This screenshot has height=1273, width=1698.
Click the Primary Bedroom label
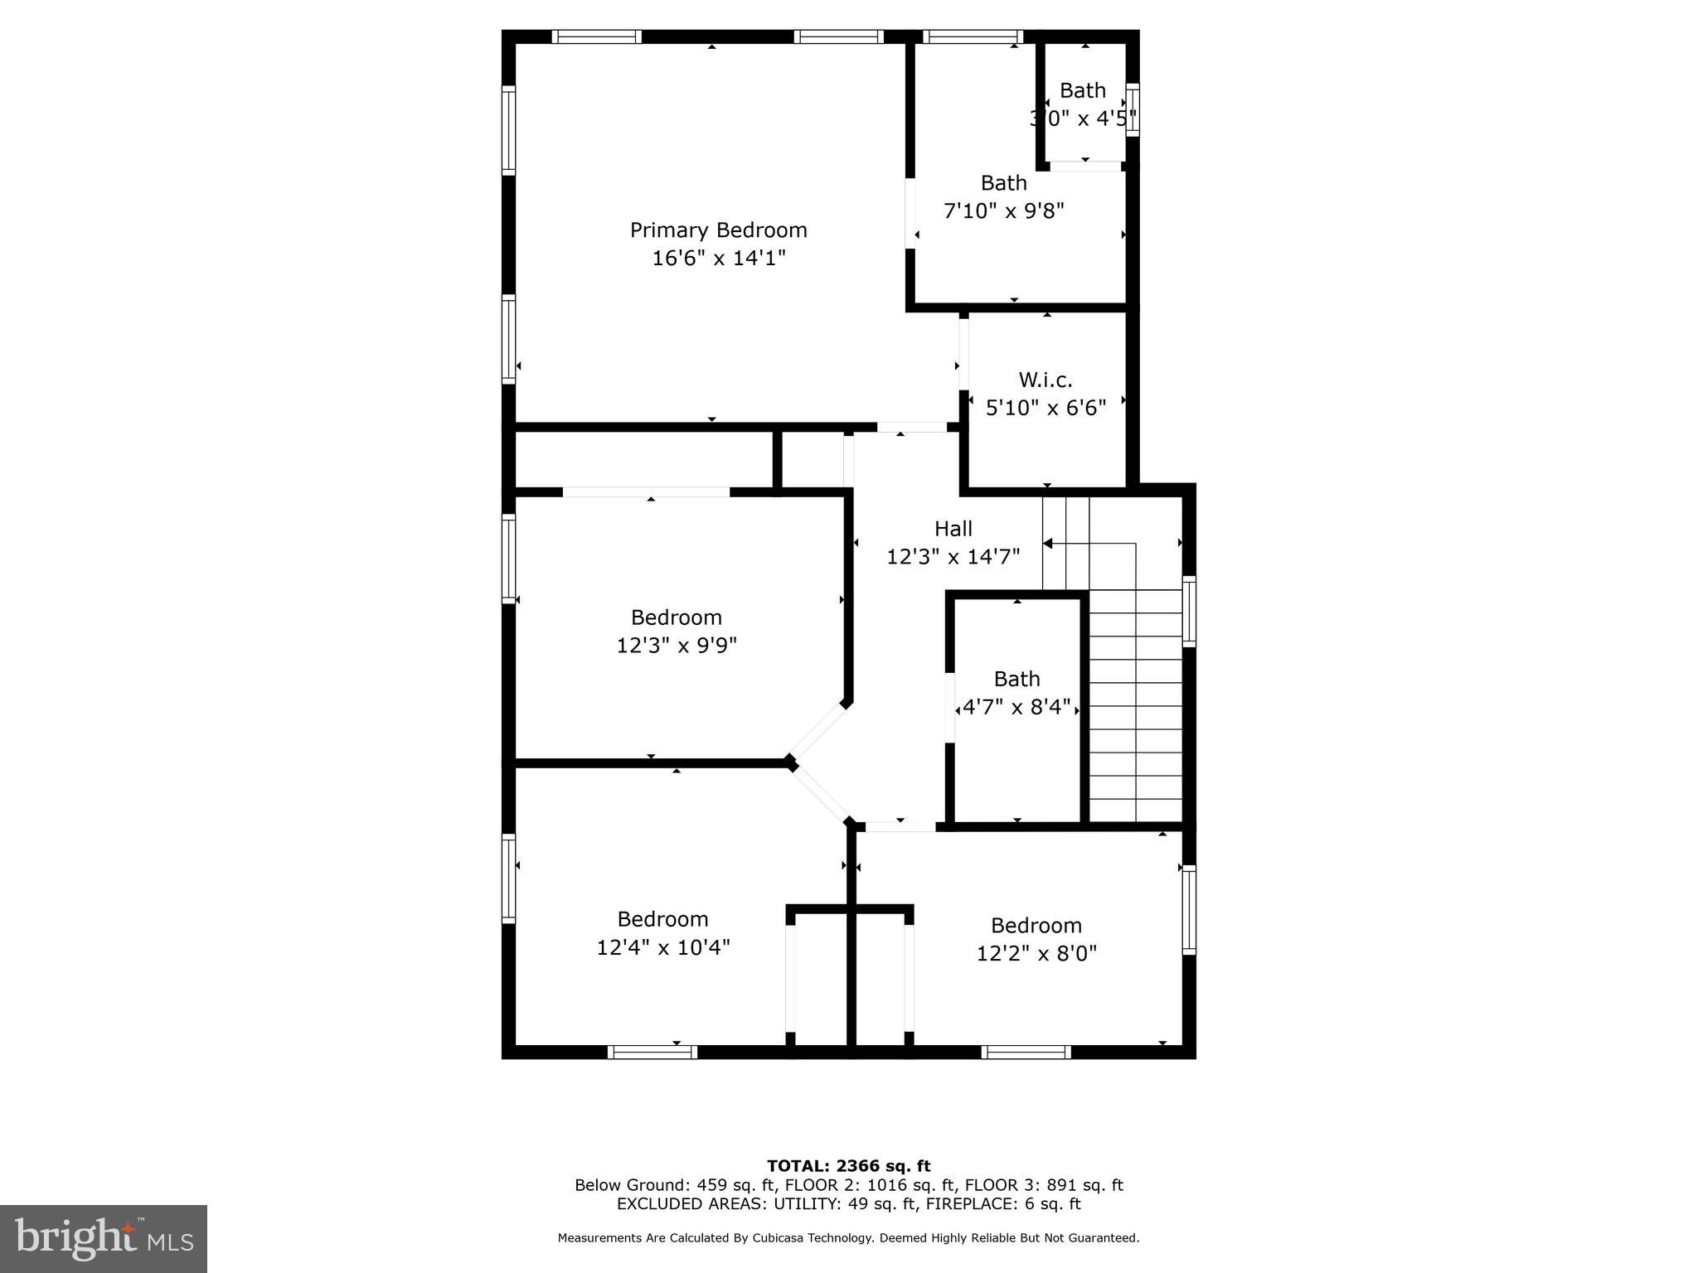718,230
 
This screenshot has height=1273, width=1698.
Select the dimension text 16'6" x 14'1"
718,258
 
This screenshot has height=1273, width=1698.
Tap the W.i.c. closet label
1045,380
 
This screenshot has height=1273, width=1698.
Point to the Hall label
953,528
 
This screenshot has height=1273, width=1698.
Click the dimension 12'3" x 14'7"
953,556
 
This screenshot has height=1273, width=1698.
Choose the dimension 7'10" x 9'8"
1003,211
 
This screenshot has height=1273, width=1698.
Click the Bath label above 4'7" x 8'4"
1016,679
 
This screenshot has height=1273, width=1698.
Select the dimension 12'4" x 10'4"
662,946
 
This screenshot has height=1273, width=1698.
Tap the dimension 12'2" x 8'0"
1036,953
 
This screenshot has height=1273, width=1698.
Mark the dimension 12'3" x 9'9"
676,645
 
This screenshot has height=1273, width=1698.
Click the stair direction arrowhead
1048,544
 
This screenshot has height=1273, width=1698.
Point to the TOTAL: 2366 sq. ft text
848,1166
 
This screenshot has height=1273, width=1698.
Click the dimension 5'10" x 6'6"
1045,408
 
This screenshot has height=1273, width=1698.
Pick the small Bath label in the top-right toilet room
1082,90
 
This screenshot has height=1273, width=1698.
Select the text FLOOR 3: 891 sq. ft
1044,1185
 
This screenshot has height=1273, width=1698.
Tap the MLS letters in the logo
171,1242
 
